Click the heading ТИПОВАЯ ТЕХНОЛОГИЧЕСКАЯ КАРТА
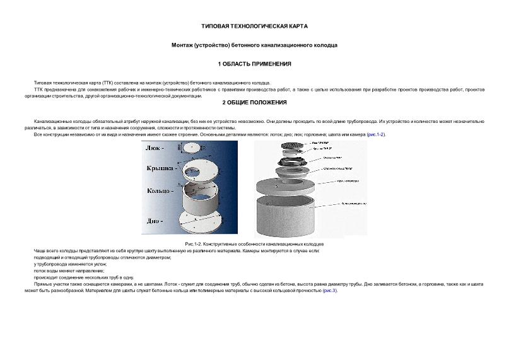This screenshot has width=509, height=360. pos(254,26)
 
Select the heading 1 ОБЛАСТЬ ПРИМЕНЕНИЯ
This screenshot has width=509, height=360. pos(254,64)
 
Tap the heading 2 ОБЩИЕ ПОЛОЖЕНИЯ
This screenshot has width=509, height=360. pos(254,102)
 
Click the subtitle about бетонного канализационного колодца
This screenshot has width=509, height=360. pos(254,45)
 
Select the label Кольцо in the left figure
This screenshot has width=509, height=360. pos(160,190)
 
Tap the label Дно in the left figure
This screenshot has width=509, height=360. pos(155,221)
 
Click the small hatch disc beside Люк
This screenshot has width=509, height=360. pos(193,148)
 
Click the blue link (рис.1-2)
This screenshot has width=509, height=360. pos(376,135)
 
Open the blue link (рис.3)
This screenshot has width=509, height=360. pos(330,291)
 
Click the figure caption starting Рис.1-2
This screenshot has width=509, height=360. pos(254,243)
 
